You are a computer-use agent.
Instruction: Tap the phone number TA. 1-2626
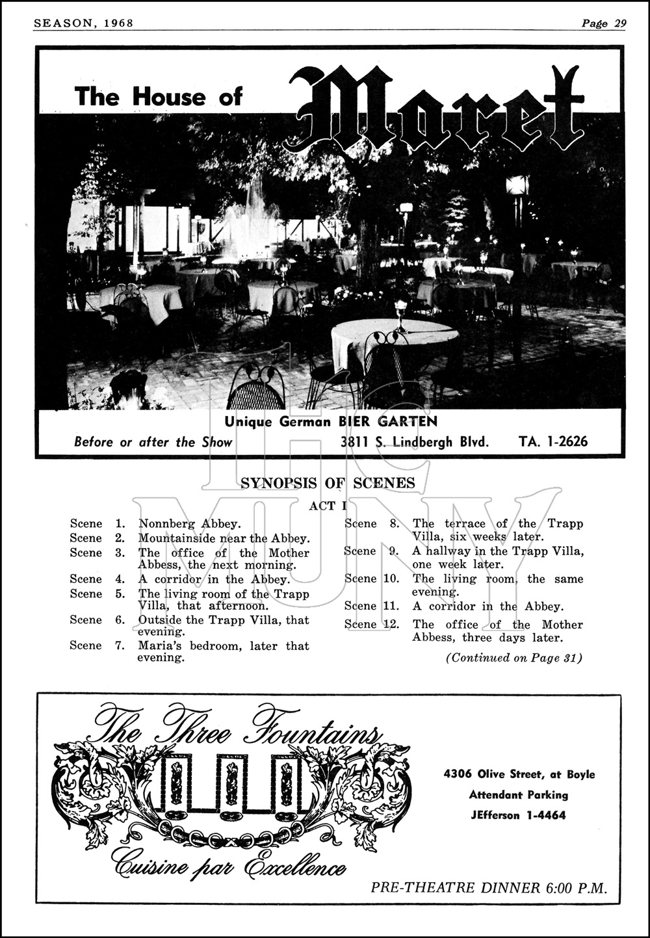pos(553,442)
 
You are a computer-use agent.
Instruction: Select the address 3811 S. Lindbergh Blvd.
pos(415,442)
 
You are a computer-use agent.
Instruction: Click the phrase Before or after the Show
pos(153,442)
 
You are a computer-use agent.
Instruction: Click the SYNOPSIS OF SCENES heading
pos(328,482)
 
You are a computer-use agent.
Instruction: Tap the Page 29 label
pos(604,23)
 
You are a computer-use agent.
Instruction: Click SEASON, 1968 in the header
pos(83,23)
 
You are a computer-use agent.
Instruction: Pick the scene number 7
pos(120,645)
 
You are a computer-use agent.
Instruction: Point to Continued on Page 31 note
pos(513,658)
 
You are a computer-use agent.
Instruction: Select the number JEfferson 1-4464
pos(519,815)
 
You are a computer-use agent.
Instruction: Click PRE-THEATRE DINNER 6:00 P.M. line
pos(489,888)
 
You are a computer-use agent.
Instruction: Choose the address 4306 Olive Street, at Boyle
pos(519,774)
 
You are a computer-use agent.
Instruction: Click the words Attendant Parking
pos(519,794)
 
